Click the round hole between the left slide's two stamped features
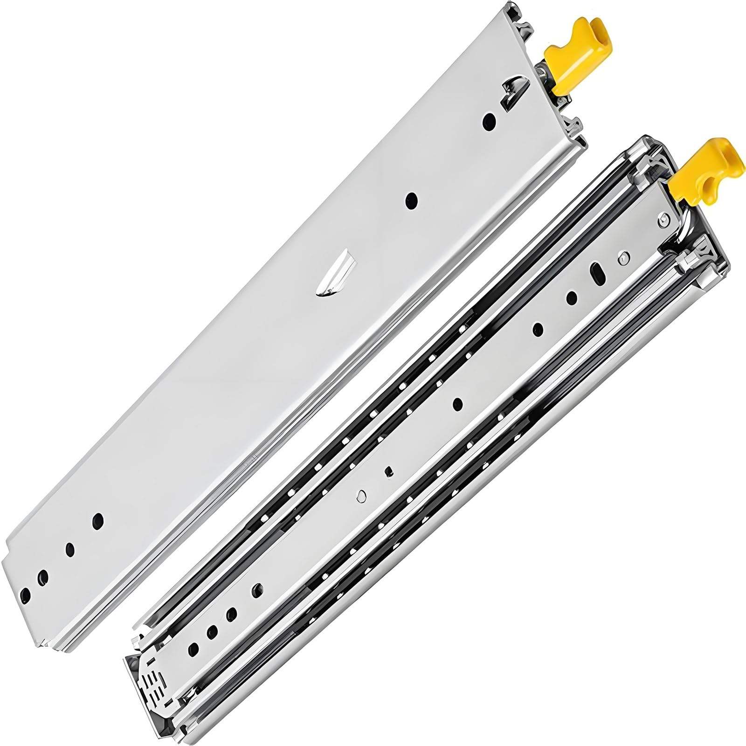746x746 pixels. pyautogui.click(x=411, y=200)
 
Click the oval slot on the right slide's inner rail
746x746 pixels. pyautogui.click(x=596, y=274)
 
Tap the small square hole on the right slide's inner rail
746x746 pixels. pyautogui.click(x=387, y=473)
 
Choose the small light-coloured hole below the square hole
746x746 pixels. pyautogui.click(x=360, y=496)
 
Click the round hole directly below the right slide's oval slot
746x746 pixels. pyautogui.click(x=572, y=297)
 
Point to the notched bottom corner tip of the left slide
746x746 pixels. pyautogui.click(x=42, y=644)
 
